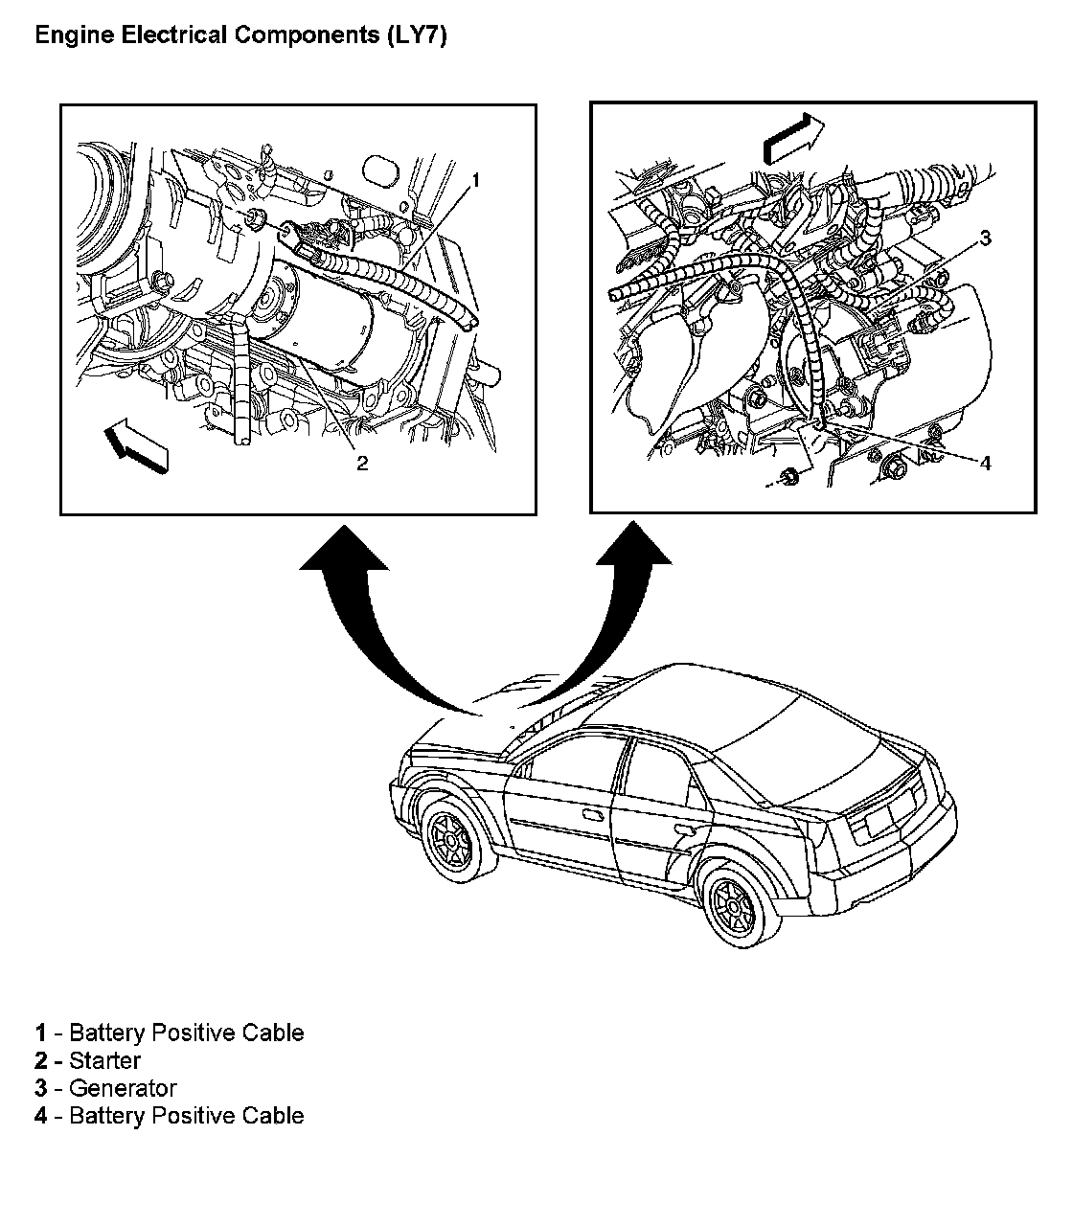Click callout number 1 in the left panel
pyautogui.click(x=476, y=179)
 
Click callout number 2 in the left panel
pyautogui.click(x=361, y=464)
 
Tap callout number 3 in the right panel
pyautogui.click(x=984, y=238)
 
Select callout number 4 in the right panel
pyautogui.click(x=985, y=463)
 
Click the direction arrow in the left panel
pyautogui.click(x=136, y=447)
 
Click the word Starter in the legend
pyautogui.click(x=104, y=1060)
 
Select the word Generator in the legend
pyautogui.click(x=123, y=1088)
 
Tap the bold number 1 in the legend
pyautogui.click(x=40, y=1033)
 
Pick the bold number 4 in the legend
pyautogui.click(x=40, y=1116)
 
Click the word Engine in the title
pyautogui.click(x=69, y=36)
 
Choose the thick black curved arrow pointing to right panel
pyautogui.click(x=613, y=613)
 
